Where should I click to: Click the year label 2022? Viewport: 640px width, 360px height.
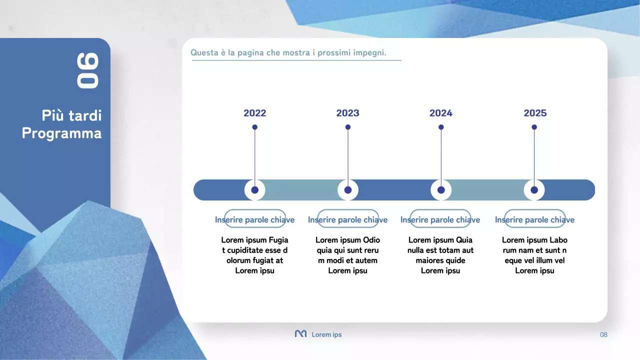[x=254, y=113]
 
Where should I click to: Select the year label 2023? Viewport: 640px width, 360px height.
[x=347, y=113]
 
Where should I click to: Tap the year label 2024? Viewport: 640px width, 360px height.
[x=440, y=113]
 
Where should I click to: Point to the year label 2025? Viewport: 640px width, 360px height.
[x=535, y=113]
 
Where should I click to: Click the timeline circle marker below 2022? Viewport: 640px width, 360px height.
[x=255, y=190]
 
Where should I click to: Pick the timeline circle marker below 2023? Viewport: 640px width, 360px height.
[x=348, y=190]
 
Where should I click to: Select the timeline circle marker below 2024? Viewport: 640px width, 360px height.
[x=441, y=190]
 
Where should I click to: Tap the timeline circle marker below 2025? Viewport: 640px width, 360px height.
[x=534, y=190]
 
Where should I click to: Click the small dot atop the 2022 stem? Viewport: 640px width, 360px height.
[x=255, y=127]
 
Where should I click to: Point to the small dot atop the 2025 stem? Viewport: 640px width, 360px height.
[x=534, y=127]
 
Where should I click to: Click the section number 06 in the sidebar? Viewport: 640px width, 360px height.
[x=88, y=70]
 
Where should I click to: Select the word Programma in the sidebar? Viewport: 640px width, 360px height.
[x=61, y=133]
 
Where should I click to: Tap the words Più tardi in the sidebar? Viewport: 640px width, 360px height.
[x=71, y=116]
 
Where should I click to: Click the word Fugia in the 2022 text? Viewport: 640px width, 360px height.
[x=278, y=240]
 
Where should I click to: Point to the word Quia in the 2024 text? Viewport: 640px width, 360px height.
[x=464, y=240]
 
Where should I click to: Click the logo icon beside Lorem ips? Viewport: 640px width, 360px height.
[x=300, y=334]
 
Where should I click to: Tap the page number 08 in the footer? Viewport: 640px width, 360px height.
[x=603, y=334]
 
